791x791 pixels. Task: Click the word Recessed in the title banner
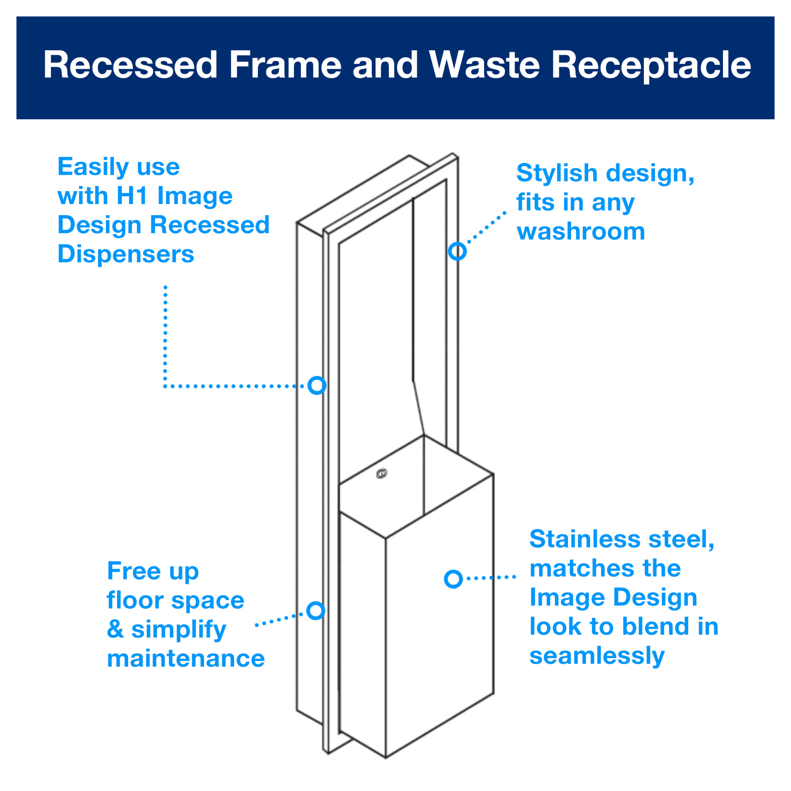coord(130,65)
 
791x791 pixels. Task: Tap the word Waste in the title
coord(484,65)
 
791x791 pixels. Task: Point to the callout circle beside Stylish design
coord(457,251)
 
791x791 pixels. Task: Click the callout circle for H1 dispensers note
coord(317,385)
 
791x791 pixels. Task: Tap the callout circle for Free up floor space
coord(316,610)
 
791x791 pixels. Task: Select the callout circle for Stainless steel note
coord(453,579)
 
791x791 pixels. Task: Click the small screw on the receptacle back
coord(382,474)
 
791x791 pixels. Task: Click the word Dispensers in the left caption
coord(126,254)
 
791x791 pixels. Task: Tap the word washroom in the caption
coord(581,232)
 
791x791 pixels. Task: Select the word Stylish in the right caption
coord(557,173)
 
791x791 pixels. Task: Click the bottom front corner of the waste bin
coord(386,757)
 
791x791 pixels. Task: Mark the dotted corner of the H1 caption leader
coord(165,386)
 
